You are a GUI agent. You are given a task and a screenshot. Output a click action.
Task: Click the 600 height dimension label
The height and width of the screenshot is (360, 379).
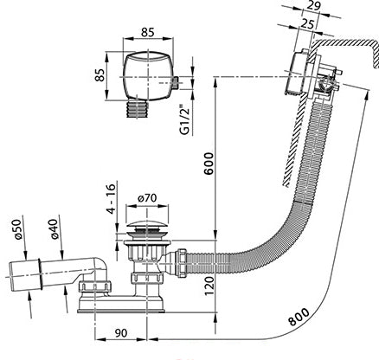[209, 164]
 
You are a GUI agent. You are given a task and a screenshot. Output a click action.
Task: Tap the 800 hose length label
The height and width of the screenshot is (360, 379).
[299, 317]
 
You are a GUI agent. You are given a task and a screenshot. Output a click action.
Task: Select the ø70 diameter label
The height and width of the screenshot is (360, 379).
[147, 198]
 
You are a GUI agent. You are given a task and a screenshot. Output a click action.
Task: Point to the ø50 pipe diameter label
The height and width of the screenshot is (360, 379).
[17, 229]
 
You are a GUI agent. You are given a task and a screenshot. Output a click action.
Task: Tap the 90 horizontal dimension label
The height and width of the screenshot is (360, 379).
[120, 333]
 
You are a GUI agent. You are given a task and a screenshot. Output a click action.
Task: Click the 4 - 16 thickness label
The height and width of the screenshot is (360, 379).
[112, 197]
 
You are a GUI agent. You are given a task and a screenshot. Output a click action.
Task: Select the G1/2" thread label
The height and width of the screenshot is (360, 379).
[184, 119]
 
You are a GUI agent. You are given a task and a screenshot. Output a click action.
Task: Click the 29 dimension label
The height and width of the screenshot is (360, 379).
[313, 6]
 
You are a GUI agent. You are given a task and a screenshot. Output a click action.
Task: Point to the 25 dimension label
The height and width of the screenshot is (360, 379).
[306, 24]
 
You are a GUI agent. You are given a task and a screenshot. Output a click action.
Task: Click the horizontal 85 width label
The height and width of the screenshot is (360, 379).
[148, 32]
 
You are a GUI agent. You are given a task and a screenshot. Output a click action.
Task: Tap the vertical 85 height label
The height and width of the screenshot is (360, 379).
[100, 75]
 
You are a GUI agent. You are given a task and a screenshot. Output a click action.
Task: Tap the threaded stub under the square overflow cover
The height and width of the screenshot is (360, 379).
[137, 109]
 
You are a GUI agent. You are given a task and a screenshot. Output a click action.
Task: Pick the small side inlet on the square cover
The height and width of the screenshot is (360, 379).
[176, 83]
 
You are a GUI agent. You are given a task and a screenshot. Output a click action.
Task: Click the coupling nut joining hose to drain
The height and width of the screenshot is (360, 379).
[183, 262]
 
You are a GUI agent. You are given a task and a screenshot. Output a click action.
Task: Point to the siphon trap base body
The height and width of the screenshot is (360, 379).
[121, 304]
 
